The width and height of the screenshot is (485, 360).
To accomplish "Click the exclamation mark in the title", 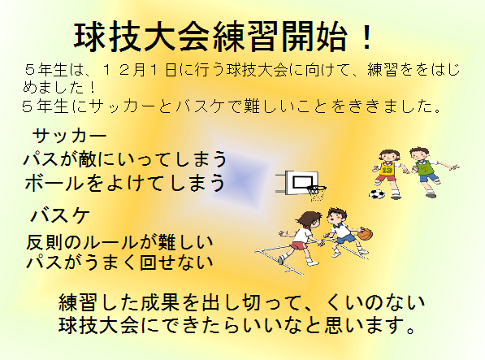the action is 367,37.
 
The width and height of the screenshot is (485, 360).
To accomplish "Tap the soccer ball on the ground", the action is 377,194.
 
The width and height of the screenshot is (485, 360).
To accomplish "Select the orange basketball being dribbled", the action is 366,234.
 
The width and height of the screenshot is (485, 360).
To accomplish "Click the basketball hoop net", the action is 316,193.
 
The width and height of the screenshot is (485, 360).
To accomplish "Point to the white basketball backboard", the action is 301,183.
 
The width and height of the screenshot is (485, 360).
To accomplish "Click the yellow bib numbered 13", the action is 387,169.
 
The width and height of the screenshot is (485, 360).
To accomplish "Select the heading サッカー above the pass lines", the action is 69,136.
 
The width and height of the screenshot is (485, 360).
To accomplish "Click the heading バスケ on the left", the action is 60,215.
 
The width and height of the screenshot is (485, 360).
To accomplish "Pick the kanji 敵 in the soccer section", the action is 87,159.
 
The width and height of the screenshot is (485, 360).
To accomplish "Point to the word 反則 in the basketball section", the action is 44,242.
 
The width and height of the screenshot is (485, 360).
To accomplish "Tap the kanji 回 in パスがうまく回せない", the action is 148,262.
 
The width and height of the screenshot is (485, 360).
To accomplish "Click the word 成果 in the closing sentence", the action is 160,302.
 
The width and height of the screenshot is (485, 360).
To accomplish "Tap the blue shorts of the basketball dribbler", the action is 345,238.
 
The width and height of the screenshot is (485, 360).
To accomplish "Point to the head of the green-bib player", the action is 419,154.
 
